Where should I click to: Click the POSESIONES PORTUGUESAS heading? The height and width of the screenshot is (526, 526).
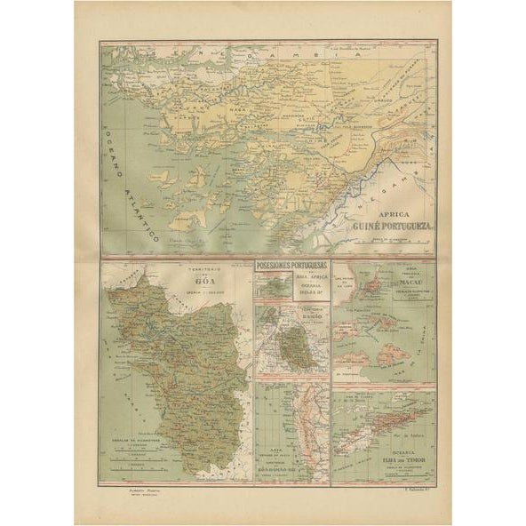[292, 265]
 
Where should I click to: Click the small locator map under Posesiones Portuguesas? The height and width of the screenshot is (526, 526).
[267, 286]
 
